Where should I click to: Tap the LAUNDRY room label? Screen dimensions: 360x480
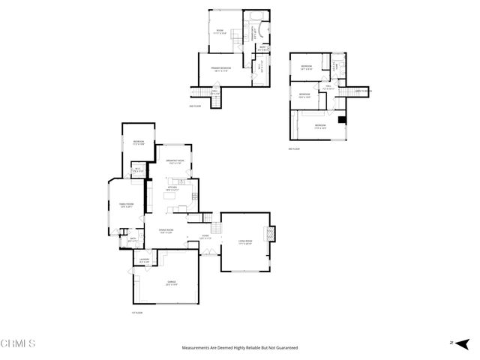(144, 262)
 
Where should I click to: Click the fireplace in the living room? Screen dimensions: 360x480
(271, 234)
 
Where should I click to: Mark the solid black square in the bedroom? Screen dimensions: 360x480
(342, 120)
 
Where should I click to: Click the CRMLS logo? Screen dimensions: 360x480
(19, 343)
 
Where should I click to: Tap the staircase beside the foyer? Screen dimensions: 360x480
(216, 228)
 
